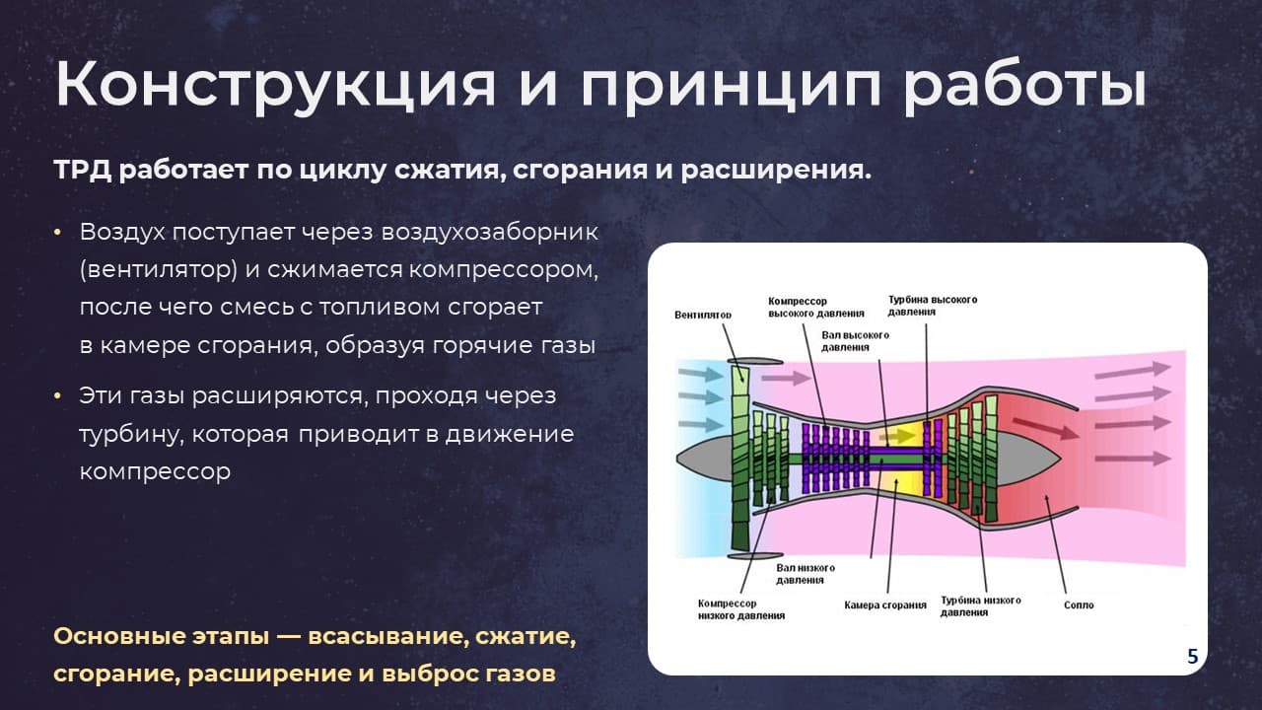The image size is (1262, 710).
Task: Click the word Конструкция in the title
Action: (x=275, y=85)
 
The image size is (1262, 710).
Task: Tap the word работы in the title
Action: (x=1025, y=85)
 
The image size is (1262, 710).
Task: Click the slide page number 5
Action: (x=1192, y=657)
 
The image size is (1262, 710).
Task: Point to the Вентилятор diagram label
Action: (x=703, y=315)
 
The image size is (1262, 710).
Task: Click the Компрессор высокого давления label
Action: (x=815, y=307)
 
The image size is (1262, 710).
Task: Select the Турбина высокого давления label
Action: (x=933, y=306)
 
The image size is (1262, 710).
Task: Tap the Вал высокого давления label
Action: (x=855, y=341)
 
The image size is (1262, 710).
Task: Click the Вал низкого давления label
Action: (x=806, y=574)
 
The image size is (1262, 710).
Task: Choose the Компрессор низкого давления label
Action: (x=741, y=609)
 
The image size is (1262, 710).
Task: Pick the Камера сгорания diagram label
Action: (x=885, y=605)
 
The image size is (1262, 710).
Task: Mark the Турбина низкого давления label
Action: (x=980, y=606)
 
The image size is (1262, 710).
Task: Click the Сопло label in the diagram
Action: (x=1079, y=605)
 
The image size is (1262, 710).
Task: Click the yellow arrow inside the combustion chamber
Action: (x=897, y=437)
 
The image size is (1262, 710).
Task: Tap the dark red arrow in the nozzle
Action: (x=1046, y=428)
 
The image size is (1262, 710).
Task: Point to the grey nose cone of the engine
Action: (x=704, y=457)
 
